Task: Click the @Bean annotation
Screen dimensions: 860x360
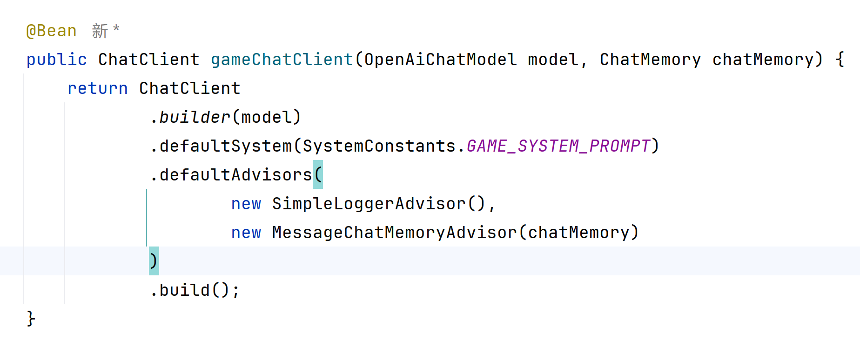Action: [51, 31]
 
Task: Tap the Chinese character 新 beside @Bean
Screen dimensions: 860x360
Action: [100, 31]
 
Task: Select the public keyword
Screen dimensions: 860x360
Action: [56, 60]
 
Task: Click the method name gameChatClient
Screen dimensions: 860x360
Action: [282, 60]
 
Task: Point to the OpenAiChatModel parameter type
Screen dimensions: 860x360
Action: [440, 60]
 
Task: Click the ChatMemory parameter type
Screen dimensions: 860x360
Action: [650, 60]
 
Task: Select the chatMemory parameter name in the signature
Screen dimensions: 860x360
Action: [763, 60]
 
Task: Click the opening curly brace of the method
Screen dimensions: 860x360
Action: [840, 60]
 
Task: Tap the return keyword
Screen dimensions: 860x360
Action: [97, 88]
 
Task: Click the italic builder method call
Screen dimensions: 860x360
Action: [195, 117]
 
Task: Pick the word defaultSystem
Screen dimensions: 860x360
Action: [226, 146]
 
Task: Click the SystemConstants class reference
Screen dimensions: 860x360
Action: [379, 146]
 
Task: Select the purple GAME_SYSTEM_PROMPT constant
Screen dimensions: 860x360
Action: [558, 146]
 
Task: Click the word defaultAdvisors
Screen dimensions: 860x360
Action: [235, 175]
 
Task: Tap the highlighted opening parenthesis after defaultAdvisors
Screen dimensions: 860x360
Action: [318, 175]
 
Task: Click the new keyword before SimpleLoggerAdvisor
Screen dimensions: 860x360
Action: [246, 204]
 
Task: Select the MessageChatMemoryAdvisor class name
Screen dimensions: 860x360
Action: [394, 233]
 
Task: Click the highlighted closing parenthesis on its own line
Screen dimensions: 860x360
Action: [154, 261]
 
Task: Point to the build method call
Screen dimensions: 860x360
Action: [185, 290]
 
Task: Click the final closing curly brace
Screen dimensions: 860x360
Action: [31, 319]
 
